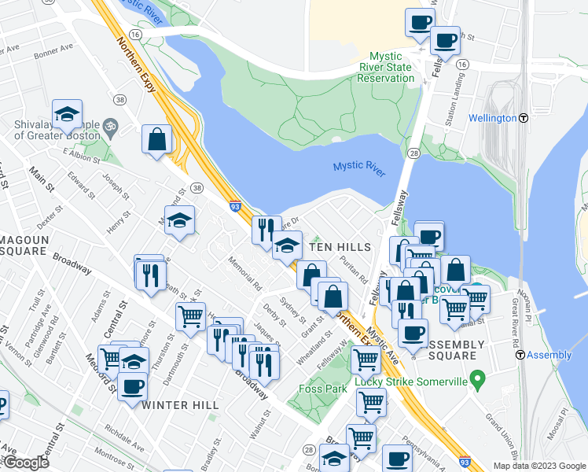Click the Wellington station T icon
(x=523, y=118)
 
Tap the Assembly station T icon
(x=520, y=355)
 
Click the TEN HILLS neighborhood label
(x=339, y=247)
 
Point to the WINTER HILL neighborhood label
(x=177, y=405)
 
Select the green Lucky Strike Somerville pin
(x=476, y=382)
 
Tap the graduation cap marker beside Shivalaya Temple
(x=68, y=114)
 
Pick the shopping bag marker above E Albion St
(x=157, y=139)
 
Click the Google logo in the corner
(x=26, y=463)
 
